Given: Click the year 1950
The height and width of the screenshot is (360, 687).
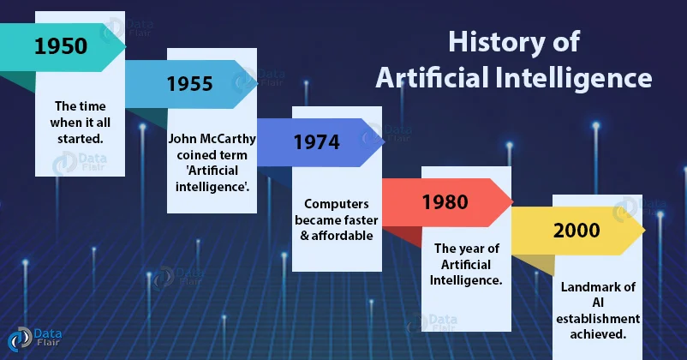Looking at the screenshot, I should pos(61,45).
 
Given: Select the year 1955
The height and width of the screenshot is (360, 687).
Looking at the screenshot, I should pos(190,84).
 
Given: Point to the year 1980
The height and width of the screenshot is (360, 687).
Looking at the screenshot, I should pos(444,202).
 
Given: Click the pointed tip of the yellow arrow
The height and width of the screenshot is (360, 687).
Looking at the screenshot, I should pos(644,231).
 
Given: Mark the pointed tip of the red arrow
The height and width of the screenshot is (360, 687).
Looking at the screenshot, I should pos(512,202).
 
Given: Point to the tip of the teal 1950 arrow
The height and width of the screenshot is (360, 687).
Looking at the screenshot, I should pos(126,45).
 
